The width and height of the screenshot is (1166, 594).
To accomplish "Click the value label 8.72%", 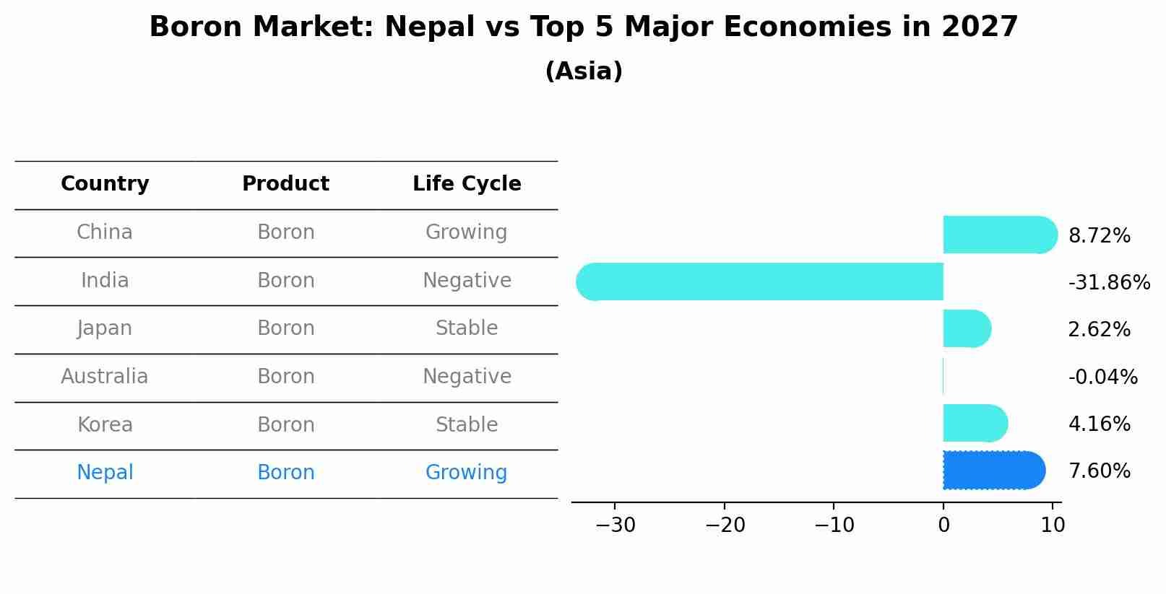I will [x=1099, y=236].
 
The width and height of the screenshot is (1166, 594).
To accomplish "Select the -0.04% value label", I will [x=1102, y=377].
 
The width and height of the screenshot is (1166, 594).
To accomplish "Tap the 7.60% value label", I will [x=1099, y=471].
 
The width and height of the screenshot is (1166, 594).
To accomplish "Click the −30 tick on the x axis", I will [x=616, y=525].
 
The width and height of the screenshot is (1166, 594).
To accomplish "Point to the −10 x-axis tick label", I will [x=834, y=525].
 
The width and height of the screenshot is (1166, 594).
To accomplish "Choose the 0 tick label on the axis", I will [x=943, y=525].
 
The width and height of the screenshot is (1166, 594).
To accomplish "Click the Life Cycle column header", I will [x=467, y=184].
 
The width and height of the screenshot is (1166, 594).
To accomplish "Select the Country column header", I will [x=105, y=184].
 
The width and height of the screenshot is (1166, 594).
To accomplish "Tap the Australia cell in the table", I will [x=105, y=377].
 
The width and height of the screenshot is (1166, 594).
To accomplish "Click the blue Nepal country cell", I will [x=105, y=473].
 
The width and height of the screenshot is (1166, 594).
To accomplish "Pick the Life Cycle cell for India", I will [x=467, y=281].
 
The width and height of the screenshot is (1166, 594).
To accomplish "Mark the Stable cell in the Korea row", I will [x=467, y=425].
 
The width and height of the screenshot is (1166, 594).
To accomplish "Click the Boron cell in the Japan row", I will [x=286, y=328].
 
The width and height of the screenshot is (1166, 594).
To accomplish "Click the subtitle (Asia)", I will [x=584, y=71].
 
